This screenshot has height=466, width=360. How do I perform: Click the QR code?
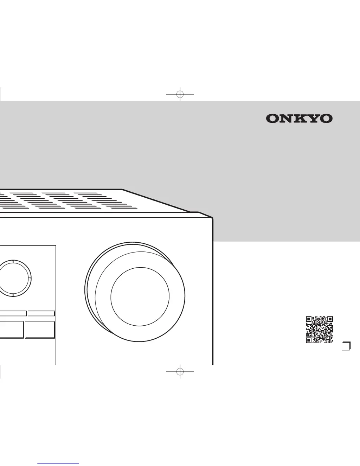click(x=319, y=330)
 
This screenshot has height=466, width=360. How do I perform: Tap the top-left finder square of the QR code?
click(x=309, y=319)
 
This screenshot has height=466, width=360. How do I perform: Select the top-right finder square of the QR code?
click(x=330, y=319)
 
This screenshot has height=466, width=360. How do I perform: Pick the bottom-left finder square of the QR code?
click(x=309, y=340)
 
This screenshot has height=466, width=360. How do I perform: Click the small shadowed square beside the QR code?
click(x=346, y=346)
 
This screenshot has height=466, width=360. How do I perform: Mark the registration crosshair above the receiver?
click(x=180, y=94)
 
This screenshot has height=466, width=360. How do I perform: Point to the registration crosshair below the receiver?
click(x=180, y=371)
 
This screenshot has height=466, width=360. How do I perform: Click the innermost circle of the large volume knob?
click(x=140, y=296)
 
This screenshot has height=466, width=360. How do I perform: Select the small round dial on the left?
click(x=13, y=278)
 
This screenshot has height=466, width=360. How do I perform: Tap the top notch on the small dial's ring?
click(x=13, y=262)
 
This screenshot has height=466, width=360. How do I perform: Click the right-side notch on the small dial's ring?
click(x=30, y=278)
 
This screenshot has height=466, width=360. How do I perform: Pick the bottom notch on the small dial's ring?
click(x=13, y=295)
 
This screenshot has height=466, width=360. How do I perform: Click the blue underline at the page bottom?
click(x=58, y=464)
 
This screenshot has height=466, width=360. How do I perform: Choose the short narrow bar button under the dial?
click(x=41, y=313)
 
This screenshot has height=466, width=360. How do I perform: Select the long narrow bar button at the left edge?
click(x=13, y=313)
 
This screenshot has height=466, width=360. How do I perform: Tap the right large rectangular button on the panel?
click(x=39, y=330)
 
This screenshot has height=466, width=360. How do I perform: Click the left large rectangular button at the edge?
click(x=12, y=330)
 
